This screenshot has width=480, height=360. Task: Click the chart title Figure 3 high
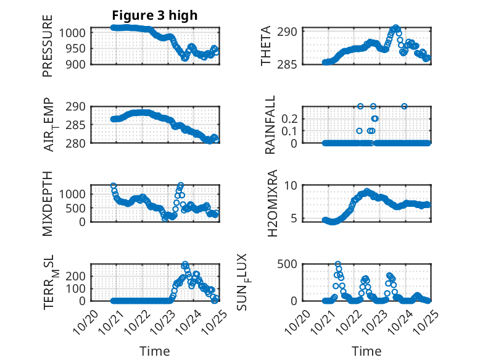155,15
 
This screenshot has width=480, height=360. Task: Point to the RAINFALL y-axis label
270,126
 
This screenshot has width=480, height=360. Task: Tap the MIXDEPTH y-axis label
48,203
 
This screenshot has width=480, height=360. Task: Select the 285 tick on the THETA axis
291,64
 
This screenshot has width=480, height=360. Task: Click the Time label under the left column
154,351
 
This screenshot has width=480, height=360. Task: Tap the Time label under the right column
366,351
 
